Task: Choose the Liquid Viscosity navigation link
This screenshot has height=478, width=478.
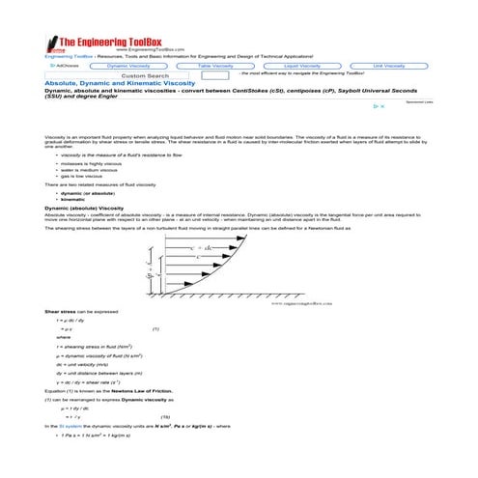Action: pos(302,65)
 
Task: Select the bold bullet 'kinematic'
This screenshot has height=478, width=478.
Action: pos(72,199)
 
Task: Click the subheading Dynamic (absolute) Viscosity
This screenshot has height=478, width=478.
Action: pos(84,208)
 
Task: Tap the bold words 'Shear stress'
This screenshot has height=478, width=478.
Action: pos(60,312)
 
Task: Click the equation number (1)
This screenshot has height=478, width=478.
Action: pos(156,329)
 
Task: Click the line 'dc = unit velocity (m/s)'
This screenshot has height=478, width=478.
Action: pos(93,364)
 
